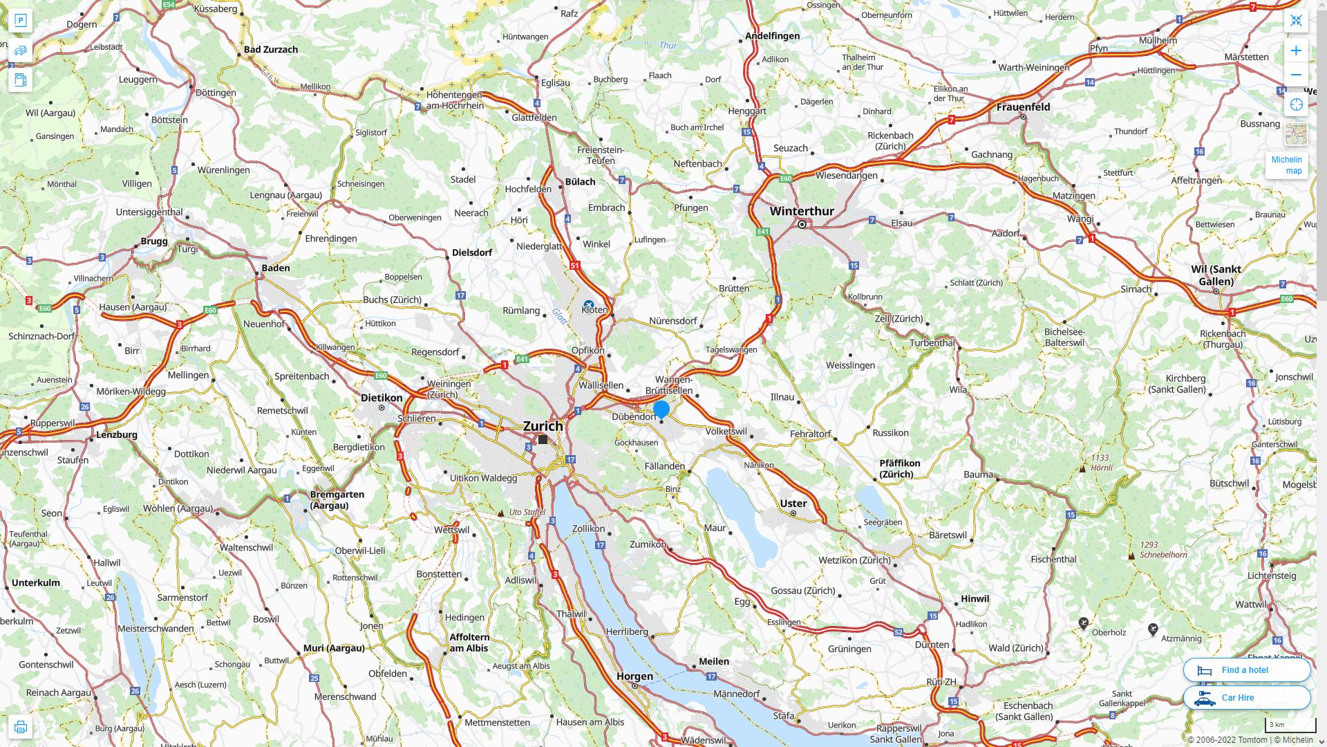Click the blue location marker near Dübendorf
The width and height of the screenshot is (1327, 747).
(661, 409)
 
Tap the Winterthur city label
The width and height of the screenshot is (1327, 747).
(802, 211)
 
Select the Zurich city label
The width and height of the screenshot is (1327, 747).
(543, 426)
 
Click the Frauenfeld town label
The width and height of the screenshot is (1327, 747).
(1023, 107)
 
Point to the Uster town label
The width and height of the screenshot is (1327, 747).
(793, 504)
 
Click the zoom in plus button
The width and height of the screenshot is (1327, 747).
(1296, 50)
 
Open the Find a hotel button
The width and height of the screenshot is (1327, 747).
(1246, 670)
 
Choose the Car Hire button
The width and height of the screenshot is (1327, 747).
(1246, 698)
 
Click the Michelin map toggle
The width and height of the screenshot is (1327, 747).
(1286, 165)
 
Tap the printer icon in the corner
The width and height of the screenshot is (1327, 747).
(21, 727)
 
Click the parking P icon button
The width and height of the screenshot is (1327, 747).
(21, 21)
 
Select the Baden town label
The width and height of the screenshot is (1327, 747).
(275, 268)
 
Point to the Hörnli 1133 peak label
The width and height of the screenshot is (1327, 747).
(1100, 463)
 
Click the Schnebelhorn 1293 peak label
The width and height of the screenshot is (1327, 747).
(1163, 550)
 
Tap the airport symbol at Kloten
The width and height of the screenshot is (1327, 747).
(588, 304)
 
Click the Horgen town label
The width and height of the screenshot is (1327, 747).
(634, 676)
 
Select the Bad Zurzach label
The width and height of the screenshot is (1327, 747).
(270, 49)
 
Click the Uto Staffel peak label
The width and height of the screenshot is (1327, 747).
(527, 513)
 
